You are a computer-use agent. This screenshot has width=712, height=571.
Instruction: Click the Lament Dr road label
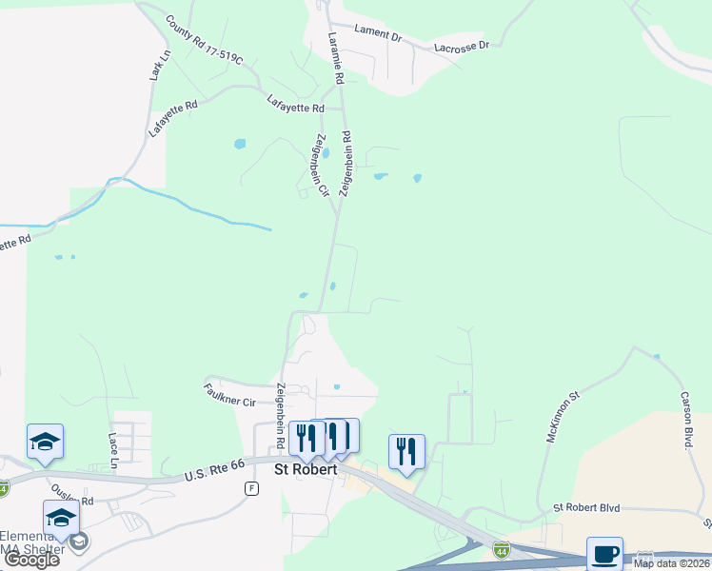click(378, 32)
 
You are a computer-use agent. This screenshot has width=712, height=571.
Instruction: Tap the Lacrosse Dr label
click(461, 46)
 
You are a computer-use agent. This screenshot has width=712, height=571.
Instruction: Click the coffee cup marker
click(604, 554)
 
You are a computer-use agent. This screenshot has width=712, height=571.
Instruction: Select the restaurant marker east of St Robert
click(406, 451)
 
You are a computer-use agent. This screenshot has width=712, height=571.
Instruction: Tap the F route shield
click(251, 488)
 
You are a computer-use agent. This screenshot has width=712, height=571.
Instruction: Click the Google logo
click(31, 560)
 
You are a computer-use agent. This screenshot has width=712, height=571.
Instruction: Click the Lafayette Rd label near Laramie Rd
click(295, 104)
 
